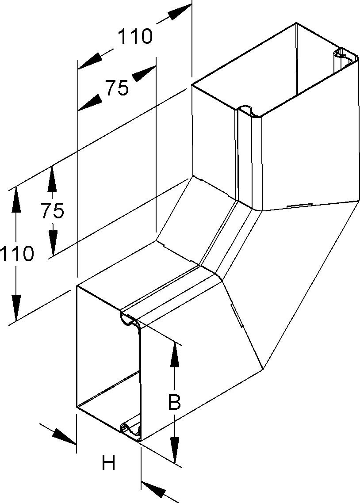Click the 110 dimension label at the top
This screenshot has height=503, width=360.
[x=134, y=37]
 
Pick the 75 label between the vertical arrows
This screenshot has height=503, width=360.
[x=52, y=211]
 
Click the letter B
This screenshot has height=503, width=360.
[x=175, y=402]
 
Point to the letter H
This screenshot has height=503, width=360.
[x=108, y=464]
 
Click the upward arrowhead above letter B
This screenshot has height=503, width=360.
[x=175, y=354]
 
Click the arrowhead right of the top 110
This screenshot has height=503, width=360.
[x=179, y=13]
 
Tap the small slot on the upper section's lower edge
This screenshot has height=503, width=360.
[x=299, y=206]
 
